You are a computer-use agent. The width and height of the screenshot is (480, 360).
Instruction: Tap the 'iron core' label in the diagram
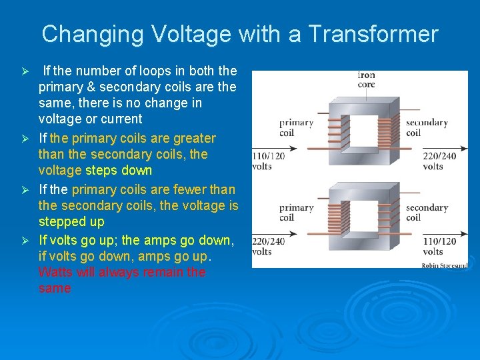coord(367,80)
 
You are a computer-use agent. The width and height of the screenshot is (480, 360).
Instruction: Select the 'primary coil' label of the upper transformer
coord(296,127)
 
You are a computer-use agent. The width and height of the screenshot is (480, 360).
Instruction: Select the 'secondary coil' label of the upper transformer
coord(427,127)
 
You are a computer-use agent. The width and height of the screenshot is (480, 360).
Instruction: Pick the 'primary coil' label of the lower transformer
coord(296,213)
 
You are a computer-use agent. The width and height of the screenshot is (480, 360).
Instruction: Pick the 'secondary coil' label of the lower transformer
coord(427,213)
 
